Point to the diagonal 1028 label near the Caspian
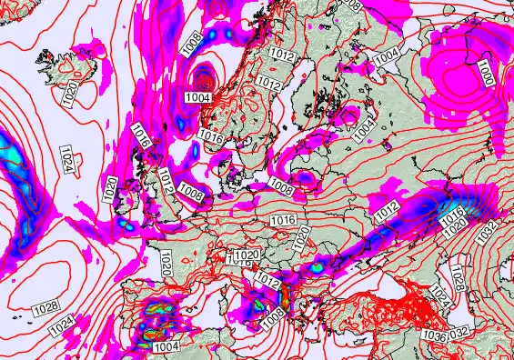(x=458, y=272)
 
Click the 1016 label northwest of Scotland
(x=140, y=137)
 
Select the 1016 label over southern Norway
(x=210, y=136)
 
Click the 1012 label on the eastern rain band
(x=387, y=211)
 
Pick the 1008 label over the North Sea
(x=190, y=192)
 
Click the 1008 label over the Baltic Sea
(x=281, y=188)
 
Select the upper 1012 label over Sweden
(x=282, y=55)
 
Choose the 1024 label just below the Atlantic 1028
(x=61, y=325)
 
